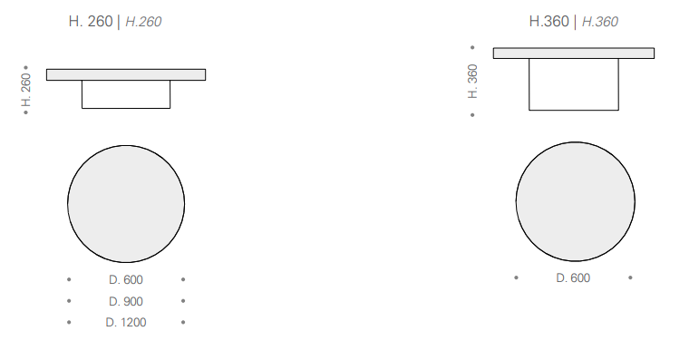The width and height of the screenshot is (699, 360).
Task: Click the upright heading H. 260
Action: (x=91, y=22)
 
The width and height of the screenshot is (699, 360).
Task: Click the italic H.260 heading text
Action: (x=143, y=22)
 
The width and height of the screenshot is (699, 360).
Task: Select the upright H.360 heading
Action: (x=549, y=22)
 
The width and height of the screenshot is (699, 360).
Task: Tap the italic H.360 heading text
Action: (x=600, y=22)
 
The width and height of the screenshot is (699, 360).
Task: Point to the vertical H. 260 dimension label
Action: (x=26, y=90)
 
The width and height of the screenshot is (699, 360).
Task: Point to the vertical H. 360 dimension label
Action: (x=473, y=82)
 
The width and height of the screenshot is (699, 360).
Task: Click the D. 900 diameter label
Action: (x=126, y=302)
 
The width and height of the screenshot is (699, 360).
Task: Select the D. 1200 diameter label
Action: (x=126, y=323)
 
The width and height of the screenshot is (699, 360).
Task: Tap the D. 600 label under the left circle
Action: (x=126, y=279)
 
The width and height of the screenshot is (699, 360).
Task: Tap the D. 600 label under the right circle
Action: (x=573, y=277)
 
